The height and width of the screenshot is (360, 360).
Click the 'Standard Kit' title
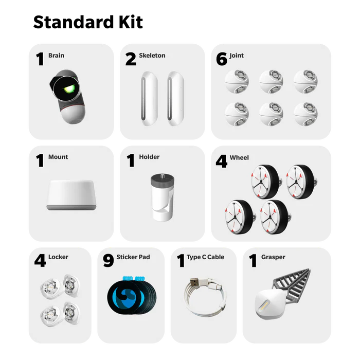88,22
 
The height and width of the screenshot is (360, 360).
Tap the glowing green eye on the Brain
69,89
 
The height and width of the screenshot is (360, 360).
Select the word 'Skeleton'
152,56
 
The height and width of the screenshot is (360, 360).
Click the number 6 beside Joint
222,59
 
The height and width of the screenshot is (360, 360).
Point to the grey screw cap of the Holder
163,179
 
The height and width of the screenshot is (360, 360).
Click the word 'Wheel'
239,157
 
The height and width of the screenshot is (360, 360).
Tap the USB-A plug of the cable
194,282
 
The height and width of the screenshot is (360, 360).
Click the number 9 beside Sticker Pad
109,260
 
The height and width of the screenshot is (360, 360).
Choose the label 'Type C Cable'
205,257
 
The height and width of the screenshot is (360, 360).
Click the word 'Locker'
58,257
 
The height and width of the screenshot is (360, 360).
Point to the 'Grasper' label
273,257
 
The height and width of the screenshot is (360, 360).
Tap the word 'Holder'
149,157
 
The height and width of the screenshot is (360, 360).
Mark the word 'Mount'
58,157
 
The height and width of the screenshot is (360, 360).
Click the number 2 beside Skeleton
131,59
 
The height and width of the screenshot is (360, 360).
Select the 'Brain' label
56,56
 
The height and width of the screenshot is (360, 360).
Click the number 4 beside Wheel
221,161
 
